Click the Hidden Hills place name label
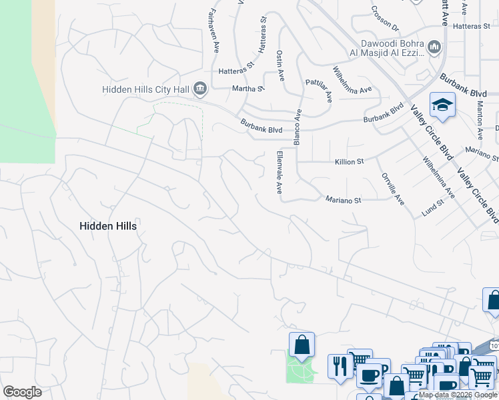108,226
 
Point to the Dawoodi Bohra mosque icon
434,47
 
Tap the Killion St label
349,161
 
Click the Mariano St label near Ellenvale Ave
343,199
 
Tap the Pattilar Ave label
318,89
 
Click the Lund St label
433,209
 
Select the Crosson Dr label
386,19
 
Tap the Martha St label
247,88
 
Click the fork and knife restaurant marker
340,366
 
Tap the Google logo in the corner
22,392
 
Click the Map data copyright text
458,395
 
